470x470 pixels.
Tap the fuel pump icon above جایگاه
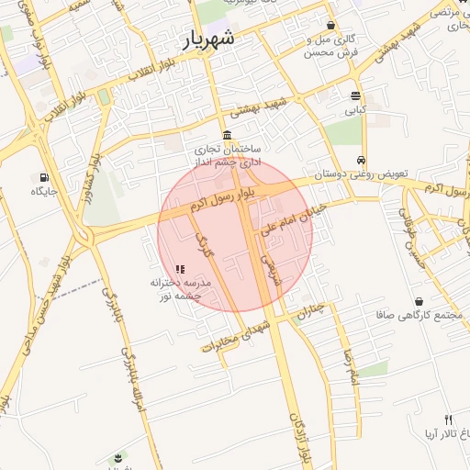coord(43,177)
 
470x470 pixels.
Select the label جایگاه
coord(43,191)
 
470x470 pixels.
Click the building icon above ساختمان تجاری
coord(227,135)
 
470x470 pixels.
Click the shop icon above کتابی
coord(355,96)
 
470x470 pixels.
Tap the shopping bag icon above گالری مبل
coord(330,25)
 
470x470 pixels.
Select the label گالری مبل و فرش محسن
coord(331,46)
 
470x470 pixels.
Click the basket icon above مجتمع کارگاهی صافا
coord(419,301)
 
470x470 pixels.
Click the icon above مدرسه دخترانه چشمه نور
coord(180,270)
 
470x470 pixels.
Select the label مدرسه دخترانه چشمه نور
coord(181,290)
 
